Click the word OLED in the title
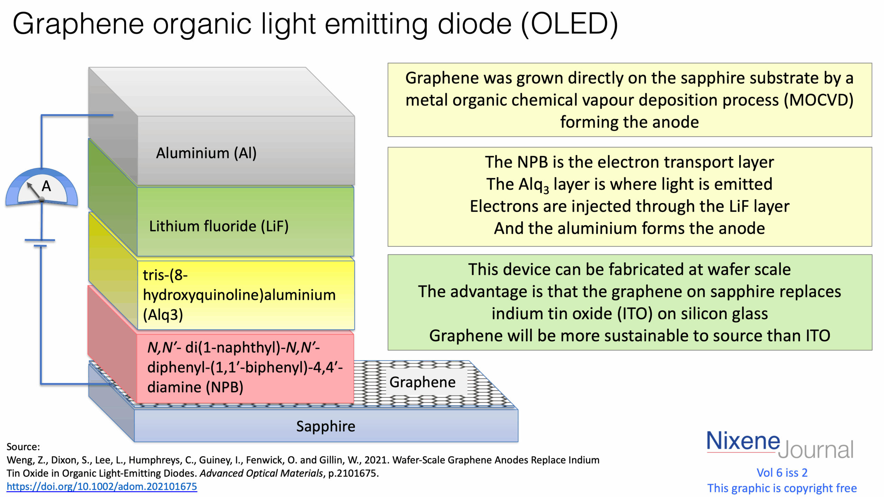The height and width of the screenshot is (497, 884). (x=569, y=24)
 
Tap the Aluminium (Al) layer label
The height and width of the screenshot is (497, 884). (x=206, y=153)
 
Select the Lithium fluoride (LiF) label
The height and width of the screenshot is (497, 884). (x=219, y=226)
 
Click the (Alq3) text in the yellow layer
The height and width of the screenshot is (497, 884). (x=163, y=315)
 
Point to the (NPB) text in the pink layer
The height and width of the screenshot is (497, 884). (x=224, y=387)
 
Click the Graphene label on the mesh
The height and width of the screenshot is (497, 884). (x=422, y=382)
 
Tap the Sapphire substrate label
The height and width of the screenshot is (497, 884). (x=325, y=426)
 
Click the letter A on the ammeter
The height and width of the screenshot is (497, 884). (x=46, y=186)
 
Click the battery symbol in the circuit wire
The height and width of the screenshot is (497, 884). (x=40, y=243)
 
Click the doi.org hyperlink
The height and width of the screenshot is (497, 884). (x=102, y=487)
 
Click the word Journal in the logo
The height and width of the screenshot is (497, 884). (x=816, y=450)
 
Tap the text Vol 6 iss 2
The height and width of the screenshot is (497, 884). (x=782, y=472)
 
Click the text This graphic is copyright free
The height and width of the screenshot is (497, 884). (x=782, y=488)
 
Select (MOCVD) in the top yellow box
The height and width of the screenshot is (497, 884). (x=818, y=100)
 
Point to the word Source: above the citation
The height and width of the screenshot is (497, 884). (x=23, y=447)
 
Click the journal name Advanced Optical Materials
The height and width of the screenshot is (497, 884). (x=261, y=473)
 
